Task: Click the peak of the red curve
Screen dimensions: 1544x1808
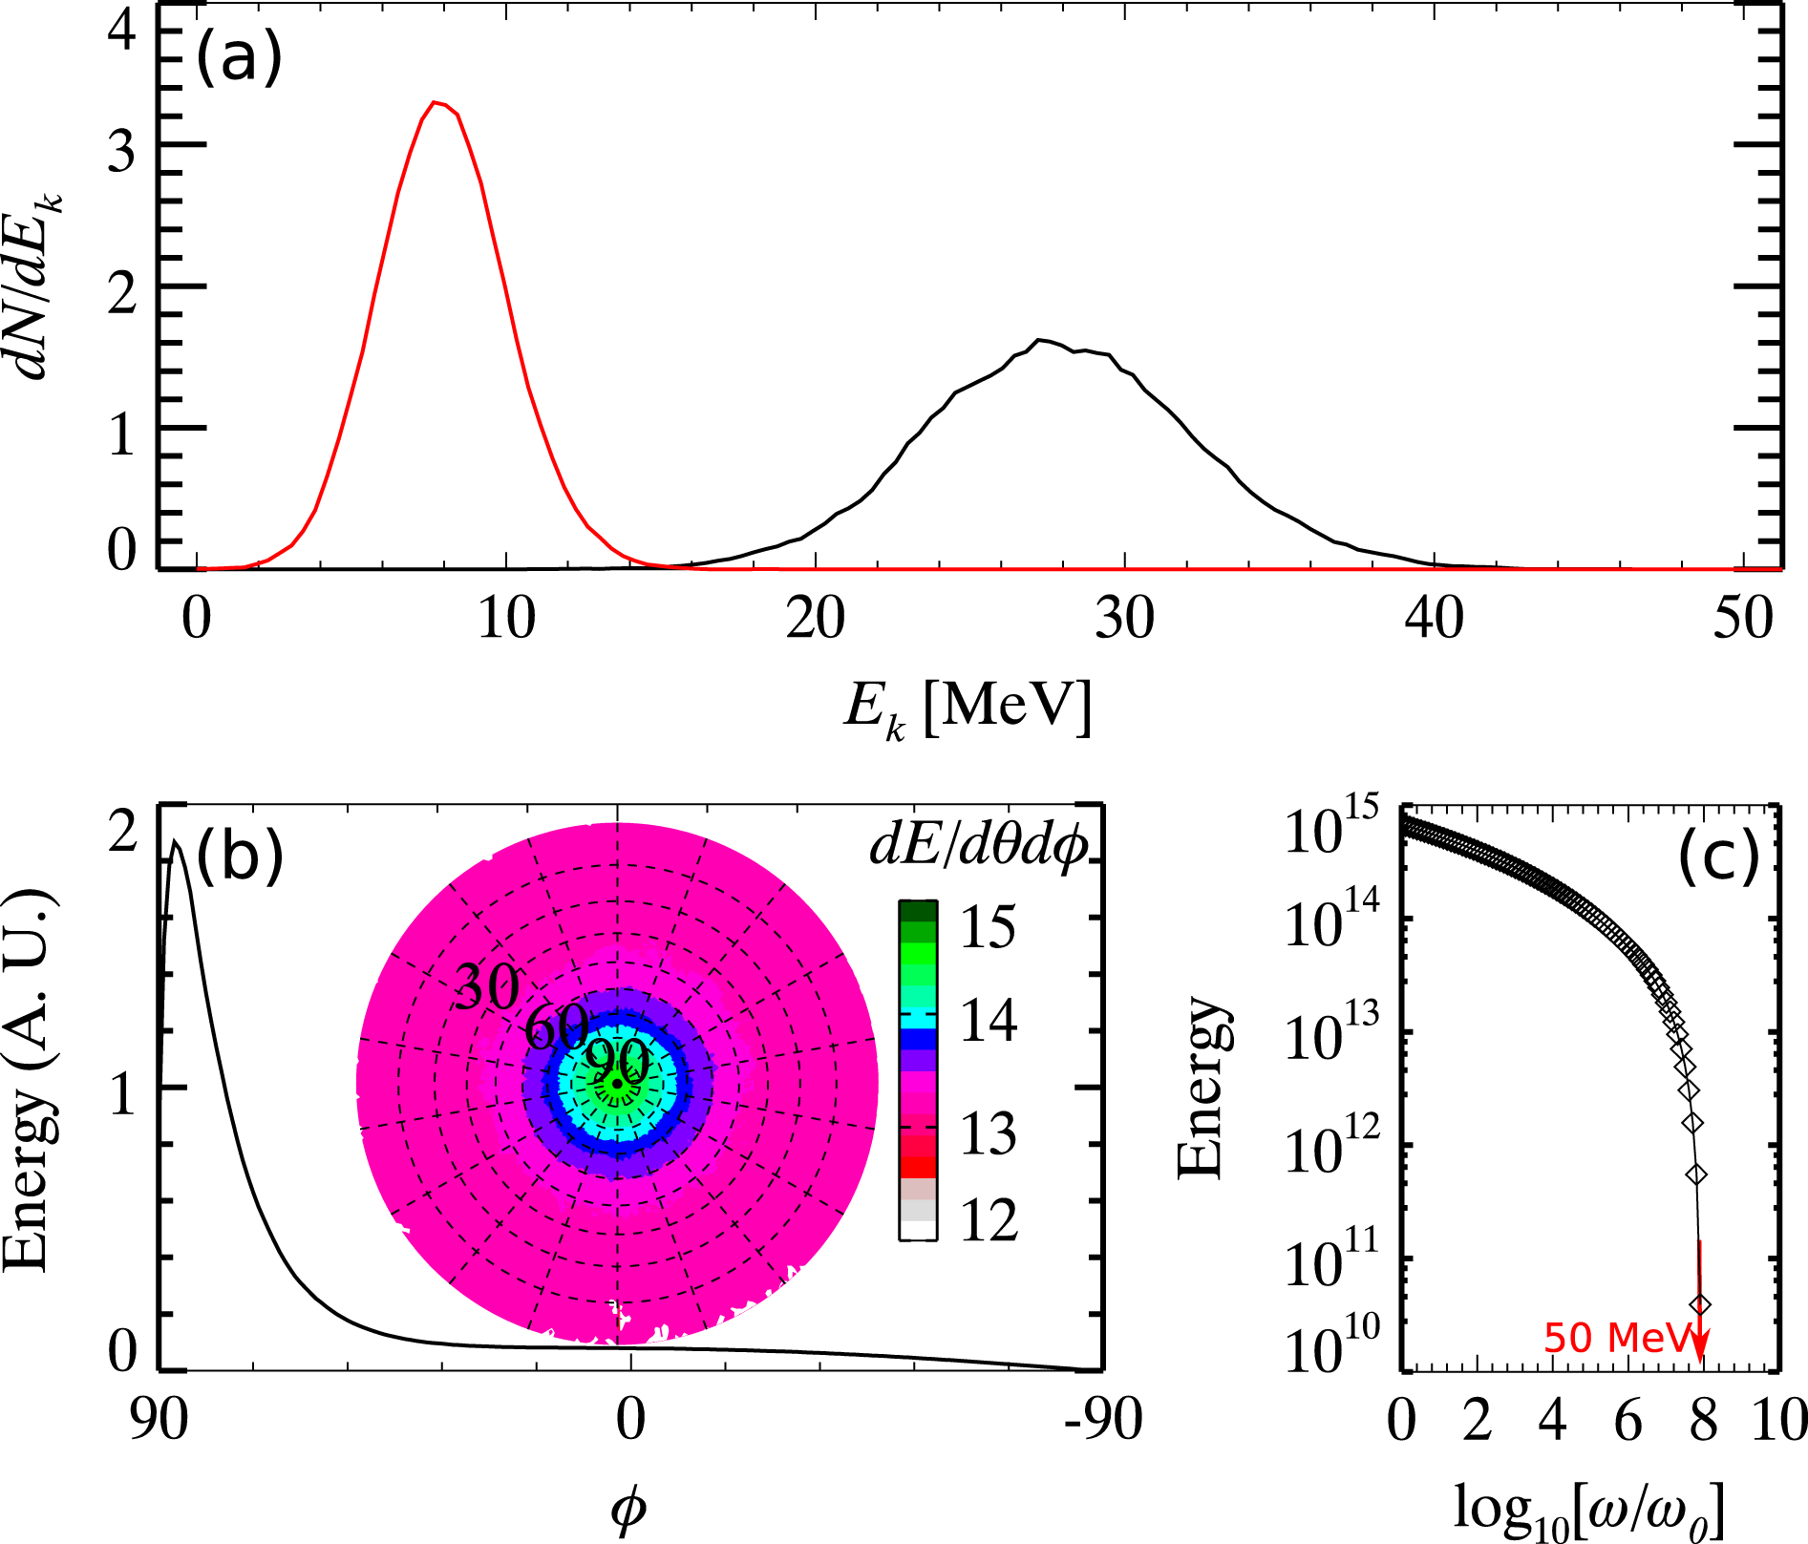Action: point(436,102)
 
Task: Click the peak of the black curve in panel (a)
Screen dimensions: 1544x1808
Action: point(1042,340)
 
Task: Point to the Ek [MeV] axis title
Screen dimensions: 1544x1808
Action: point(967,709)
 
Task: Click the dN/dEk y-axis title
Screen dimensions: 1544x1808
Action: point(41,286)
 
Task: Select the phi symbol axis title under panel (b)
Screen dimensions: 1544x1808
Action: point(627,1510)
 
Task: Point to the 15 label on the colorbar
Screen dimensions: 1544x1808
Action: point(988,926)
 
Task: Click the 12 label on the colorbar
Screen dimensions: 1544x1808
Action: point(989,1219)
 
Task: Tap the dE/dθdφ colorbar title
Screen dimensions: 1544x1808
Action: point(979,846)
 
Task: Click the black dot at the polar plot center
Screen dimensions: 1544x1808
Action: point(618,1084)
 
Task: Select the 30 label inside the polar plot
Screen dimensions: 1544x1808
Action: point(487,986)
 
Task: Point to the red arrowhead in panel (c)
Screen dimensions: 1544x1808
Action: point(1699,1351)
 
